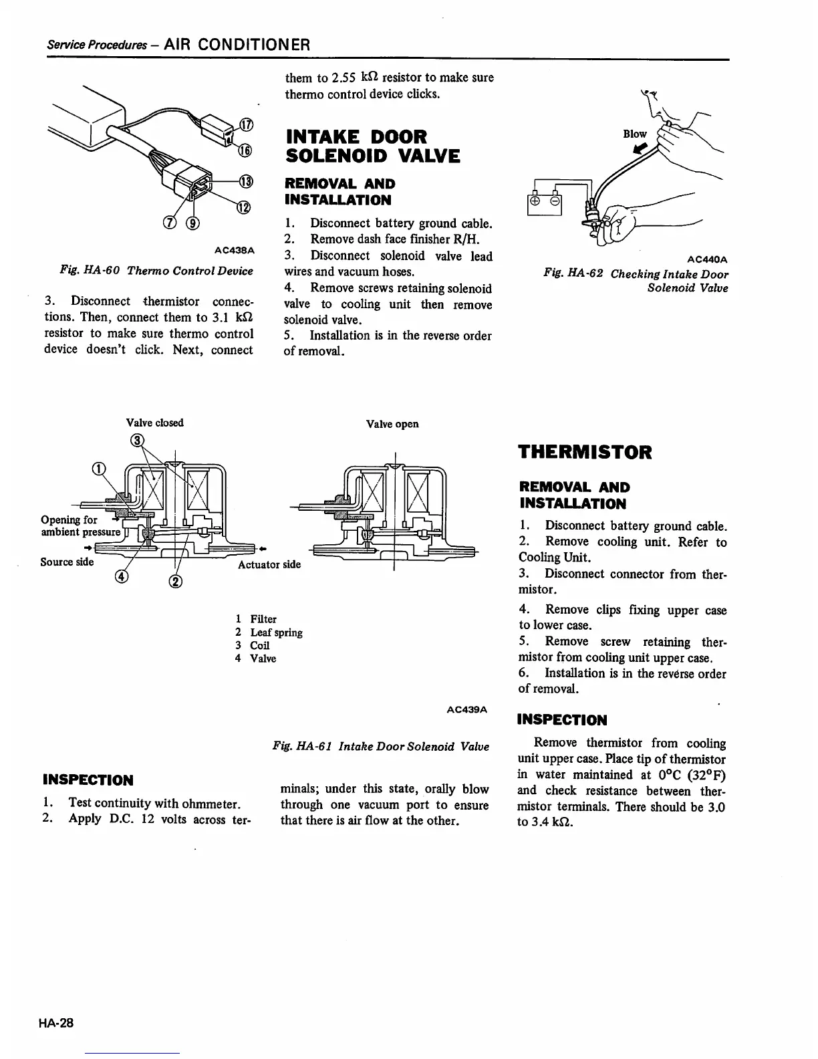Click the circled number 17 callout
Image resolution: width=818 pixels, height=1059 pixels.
(x=246, y=126)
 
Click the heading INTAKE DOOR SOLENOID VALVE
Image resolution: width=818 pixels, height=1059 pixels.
(x=373, y=146)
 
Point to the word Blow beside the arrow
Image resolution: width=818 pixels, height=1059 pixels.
(x=634, y=134)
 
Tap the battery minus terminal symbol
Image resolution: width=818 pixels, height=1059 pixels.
(x=554, y=202)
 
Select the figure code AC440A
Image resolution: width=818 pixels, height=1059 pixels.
(x=707, y=259)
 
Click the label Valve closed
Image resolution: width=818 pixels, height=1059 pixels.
(x=154, y=423)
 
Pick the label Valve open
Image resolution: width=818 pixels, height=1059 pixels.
(x=392, y=424)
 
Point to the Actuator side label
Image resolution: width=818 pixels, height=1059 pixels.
(x=269, y=564)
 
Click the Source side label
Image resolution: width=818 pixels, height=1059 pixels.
(x=67, y=562)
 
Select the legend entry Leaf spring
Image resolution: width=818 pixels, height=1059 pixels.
(x=276, y=632)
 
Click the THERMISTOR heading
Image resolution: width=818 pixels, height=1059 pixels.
(x=584, y=452)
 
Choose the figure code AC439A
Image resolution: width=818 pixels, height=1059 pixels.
(x=466, y=709)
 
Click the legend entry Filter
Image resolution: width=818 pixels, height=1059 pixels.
(x=263, y=619)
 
